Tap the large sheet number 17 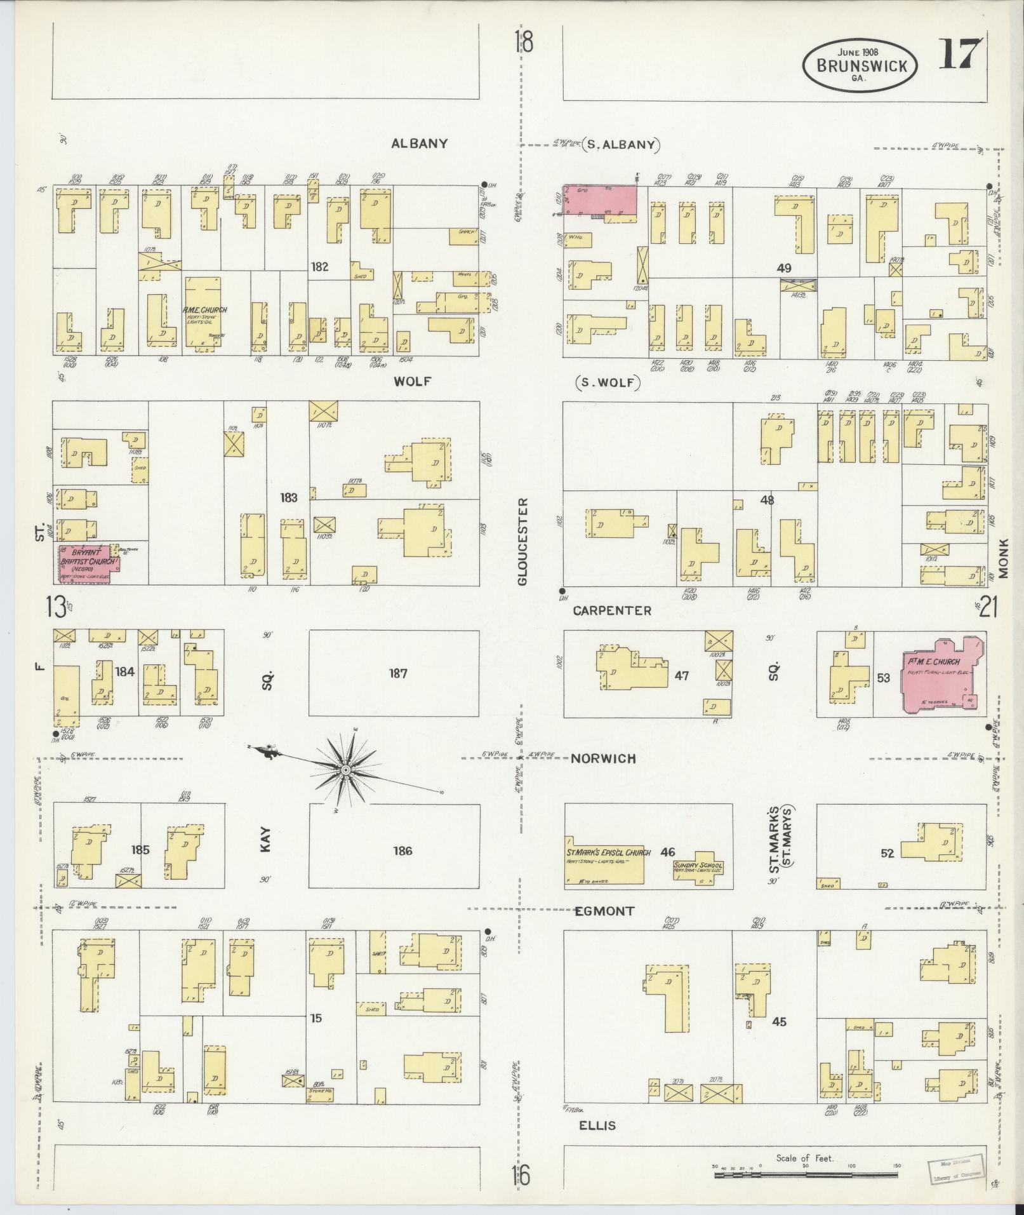point(960,55)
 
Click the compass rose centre point(345,770)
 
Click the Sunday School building point(698,869)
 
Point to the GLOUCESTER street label point(522,541)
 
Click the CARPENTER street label point(612,610)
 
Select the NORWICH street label point(603,758)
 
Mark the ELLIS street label point(597,1125)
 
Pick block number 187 point(398,673)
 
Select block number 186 point(402,850)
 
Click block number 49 point(784,268)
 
